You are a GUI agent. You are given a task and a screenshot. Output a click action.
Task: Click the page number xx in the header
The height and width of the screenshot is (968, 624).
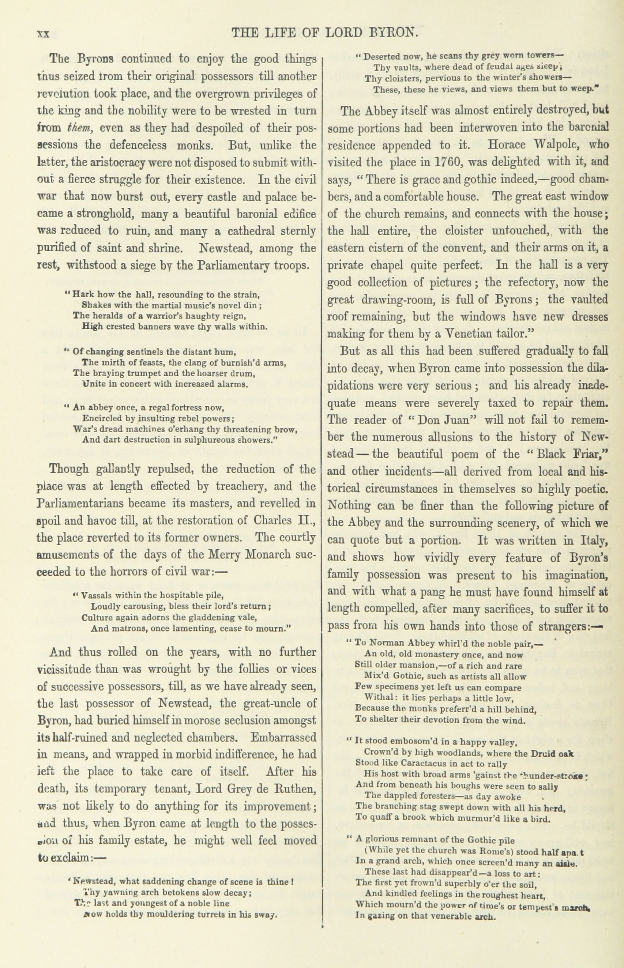pos(43,33)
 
